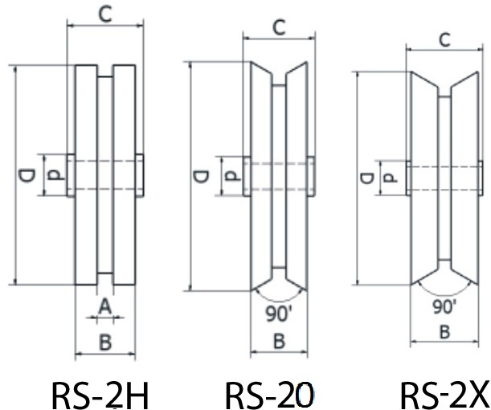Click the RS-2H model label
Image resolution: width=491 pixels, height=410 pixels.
coord(101,393)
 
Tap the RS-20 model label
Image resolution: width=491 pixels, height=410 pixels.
coord(269,393)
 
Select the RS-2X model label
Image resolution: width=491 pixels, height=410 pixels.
coord(444,393)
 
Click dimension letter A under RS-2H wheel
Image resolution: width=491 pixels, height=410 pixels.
coord(104,306)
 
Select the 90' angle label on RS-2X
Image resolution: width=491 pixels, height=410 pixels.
coord(444,306)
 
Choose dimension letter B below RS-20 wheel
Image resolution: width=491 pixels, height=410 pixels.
coord(279,342)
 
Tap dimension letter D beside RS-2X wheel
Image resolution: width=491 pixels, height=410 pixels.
coord(365,178)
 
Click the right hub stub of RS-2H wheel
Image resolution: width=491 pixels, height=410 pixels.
coord(140,175)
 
